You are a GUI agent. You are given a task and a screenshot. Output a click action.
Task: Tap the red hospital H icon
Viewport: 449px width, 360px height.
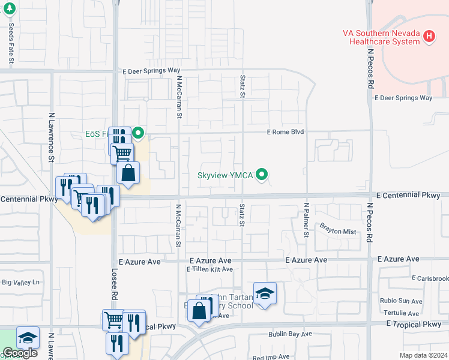[x=429, y=37]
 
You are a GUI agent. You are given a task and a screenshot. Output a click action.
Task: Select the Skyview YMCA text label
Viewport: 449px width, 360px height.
[x=226, y=176]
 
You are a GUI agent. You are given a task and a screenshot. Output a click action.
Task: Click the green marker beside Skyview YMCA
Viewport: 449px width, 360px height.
[x=262, y=175]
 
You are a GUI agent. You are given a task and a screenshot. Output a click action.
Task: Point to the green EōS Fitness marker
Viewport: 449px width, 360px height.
[x=138, y=133]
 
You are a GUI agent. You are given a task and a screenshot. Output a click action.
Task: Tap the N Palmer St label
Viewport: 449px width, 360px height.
[x=306, y=220]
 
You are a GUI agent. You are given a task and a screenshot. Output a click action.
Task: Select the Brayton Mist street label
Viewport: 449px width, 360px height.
[x=338, y=231]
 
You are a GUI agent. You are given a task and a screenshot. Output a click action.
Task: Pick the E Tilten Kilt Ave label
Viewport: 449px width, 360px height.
[x=209, y=269]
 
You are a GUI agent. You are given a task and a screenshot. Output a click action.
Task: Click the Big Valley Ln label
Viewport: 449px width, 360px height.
[x=21, y=281]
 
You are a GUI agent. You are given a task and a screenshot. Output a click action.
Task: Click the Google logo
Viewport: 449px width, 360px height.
[x=19, y=353]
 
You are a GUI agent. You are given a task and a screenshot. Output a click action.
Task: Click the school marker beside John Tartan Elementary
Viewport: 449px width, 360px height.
[x=265, y=293]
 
